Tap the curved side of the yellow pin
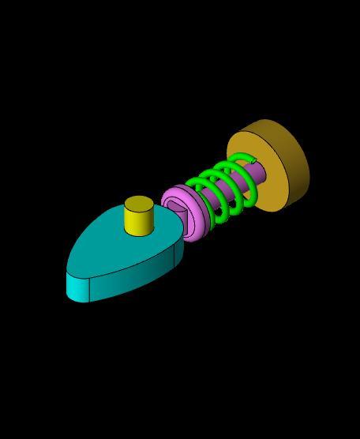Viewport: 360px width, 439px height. click(x=139, y=223)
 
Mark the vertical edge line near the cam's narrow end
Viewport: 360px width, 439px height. click(x=89, y=290)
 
